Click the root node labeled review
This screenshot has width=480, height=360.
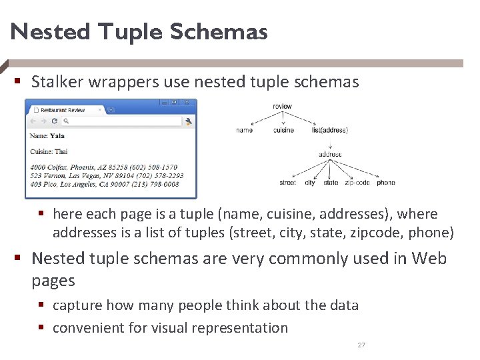tap(282, 107)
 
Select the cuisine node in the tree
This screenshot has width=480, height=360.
tap(283, 131)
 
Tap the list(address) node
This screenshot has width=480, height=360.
tap(329, 131)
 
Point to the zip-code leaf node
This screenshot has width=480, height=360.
tap(357, 183)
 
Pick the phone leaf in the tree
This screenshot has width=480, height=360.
tap(385, 183)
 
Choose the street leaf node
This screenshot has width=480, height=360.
tap(287, 183)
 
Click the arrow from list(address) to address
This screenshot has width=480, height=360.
tap(329, 142)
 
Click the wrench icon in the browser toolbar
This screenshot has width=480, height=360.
tap(189, 121)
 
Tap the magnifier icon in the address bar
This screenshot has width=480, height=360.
tap(66, 121)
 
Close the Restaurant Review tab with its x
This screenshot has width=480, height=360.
tap(100, 109)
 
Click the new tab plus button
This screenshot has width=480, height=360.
tap(111, 109)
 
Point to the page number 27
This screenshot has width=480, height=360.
tap(361, 345)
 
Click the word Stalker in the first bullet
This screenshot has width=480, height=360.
tap(55, 82)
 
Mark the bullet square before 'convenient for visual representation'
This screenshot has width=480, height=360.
tap(41, 327)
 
